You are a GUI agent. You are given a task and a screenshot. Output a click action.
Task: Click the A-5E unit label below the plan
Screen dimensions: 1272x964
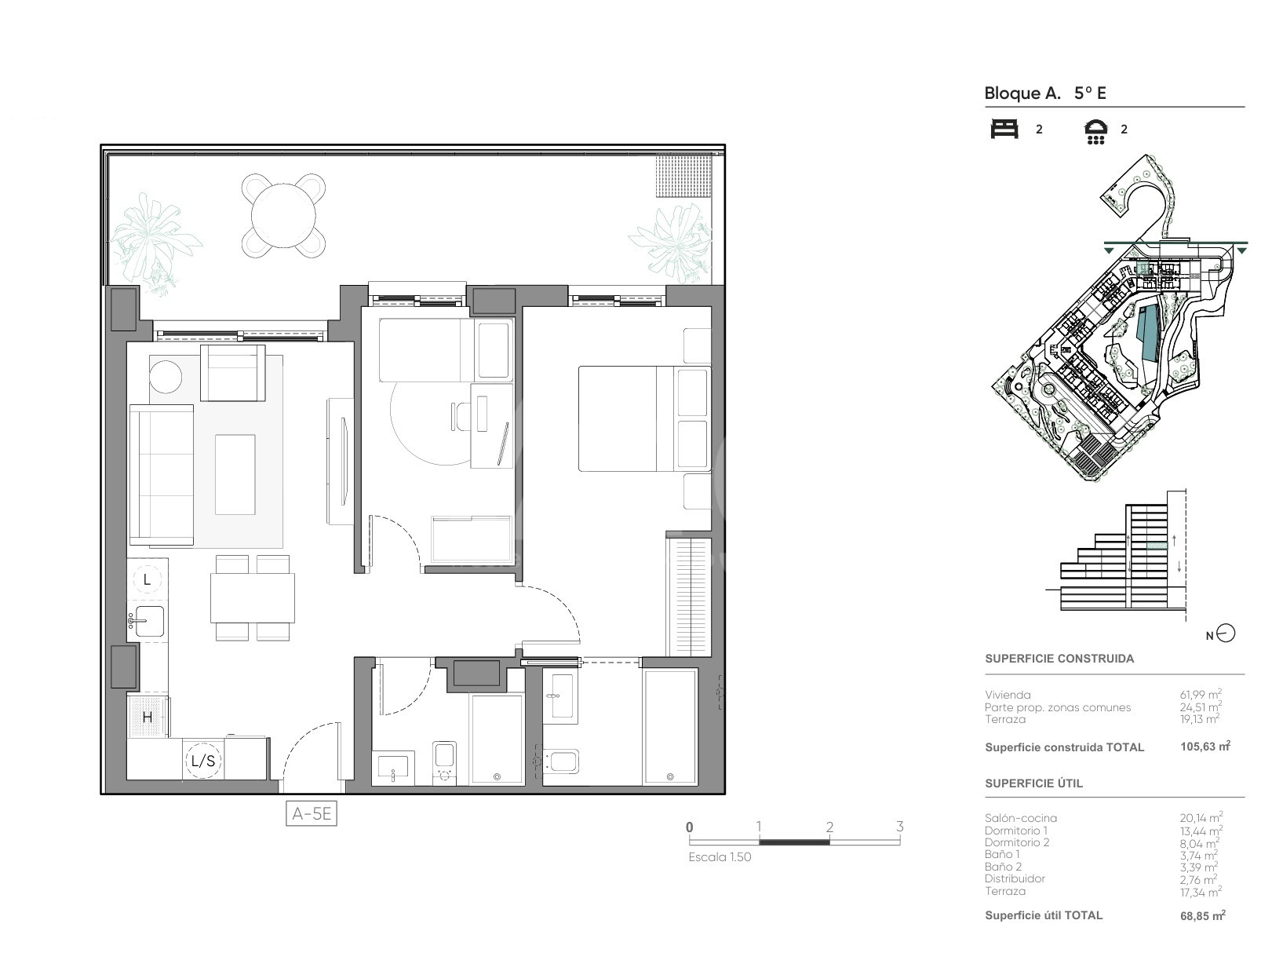pyautogui.click(x=312, y=814)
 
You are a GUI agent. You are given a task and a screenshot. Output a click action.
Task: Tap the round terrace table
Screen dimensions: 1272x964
pyautogui.click(x=283, y=216)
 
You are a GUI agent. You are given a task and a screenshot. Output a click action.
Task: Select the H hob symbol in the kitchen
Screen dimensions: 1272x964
pyautogui.click(x=148, y=717)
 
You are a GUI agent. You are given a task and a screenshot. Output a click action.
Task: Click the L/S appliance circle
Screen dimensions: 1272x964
pyautogui.click(x=203, y=761)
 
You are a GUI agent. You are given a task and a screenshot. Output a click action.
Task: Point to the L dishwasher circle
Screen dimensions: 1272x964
pyautogui.click(x=148, y=580)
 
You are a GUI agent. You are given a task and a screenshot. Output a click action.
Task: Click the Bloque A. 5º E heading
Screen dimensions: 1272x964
pyautogui.click(x=1045, y=93)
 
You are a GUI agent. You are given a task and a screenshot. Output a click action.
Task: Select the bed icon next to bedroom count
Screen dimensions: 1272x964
pyautogui.click(x=1004, y=129)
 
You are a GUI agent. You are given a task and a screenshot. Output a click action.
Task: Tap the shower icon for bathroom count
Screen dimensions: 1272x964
pyautogui.click(x=1095, y=132)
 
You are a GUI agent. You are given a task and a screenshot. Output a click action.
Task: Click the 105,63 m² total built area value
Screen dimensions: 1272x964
pyautogui.click(x=1205, y=746)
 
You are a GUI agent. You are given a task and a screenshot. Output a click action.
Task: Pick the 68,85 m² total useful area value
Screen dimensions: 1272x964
pyautogui.click(x=1202, y=916)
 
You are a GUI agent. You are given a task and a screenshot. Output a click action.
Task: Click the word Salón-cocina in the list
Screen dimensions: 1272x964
pyautogui.click(x=1020, y=818)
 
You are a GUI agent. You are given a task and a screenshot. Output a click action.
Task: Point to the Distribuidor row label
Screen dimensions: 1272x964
pyautogui.click(x=1015, y=878)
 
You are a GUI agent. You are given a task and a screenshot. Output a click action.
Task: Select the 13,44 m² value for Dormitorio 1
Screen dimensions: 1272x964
pyautogui.click(x=1201, y=831)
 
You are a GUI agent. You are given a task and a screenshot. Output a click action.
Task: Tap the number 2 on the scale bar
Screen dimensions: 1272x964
pyautogui.click(x=829, y=827)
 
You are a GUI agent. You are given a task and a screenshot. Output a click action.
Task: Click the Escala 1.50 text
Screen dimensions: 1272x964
pyautogui.click(x=720, y=856)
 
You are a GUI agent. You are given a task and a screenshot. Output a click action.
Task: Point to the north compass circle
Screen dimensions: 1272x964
pyautogui.click(x=1226, y=633)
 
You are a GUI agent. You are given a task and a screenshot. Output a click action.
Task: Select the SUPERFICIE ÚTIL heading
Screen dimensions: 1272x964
pyautogui.click(x=1033, y=783)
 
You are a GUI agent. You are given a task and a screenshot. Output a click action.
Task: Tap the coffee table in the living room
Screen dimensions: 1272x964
pyautogui.click(x=235, y=474)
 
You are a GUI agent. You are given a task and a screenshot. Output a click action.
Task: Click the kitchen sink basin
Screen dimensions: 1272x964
pyautogui.click(x=149, y=621)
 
